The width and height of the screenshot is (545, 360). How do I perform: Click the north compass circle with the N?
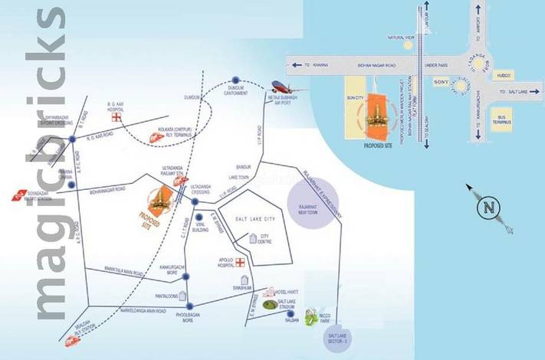pos(486,207)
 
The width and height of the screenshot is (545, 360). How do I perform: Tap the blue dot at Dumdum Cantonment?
pos(236,80)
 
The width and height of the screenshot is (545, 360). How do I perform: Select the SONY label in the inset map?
pos(441,80)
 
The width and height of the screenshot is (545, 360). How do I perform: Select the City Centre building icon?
pos(254,240)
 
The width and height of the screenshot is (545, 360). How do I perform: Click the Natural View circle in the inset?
pos(407,44)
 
